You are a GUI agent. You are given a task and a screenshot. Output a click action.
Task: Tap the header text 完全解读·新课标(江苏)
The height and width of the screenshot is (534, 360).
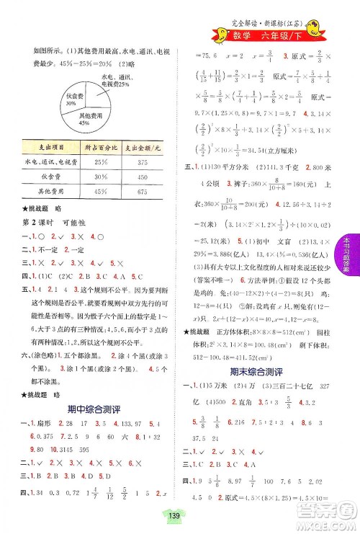[x=274, y=15]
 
